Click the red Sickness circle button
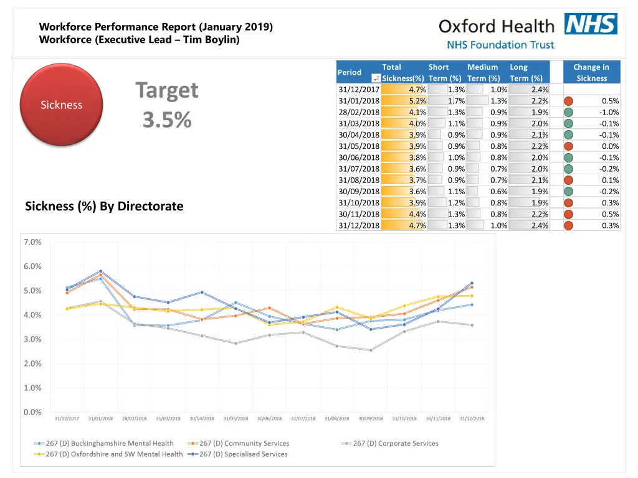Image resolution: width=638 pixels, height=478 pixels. (61, 105)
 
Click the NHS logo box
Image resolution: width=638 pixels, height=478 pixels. (591, 24)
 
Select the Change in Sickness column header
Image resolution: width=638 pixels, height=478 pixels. (591, 72)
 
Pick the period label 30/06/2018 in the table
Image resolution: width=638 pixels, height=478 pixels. (359, 157)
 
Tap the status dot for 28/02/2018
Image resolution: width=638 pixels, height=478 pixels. (568, 113)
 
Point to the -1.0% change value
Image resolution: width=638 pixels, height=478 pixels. (609, 113)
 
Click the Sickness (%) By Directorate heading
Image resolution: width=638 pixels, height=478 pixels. (104, 206)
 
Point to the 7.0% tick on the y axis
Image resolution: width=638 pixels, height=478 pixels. (32, 242)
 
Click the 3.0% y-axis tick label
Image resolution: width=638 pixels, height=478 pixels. (32, 339)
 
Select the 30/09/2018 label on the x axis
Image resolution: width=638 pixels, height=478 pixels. (370, 419)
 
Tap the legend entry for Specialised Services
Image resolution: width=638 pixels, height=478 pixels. (237, 454)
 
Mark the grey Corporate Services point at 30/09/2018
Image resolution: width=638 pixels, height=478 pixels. (371, 350)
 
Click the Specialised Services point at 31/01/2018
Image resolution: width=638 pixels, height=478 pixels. (100, 271)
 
